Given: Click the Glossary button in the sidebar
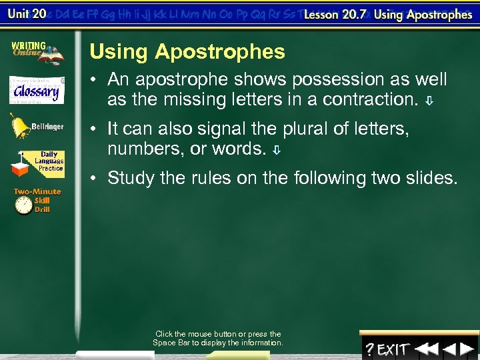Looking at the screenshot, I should [x=37, y=90].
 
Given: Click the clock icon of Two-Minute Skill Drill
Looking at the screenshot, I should [x=25, y=206].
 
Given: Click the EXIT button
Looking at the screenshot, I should [x=393, y=349].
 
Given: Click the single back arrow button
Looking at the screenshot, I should [x=450, y=349].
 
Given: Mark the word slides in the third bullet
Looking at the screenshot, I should [x=437, y=178].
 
